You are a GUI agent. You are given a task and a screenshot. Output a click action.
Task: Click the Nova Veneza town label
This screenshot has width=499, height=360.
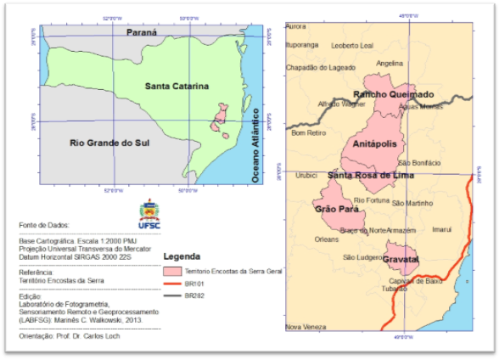pos(304,327)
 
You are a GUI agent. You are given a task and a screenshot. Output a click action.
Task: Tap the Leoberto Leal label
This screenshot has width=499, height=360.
pos(352,45)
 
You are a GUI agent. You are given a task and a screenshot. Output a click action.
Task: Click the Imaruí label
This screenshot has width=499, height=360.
pos(443,229)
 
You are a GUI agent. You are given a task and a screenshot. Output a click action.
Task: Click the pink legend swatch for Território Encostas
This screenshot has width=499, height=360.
pos(171,269)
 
